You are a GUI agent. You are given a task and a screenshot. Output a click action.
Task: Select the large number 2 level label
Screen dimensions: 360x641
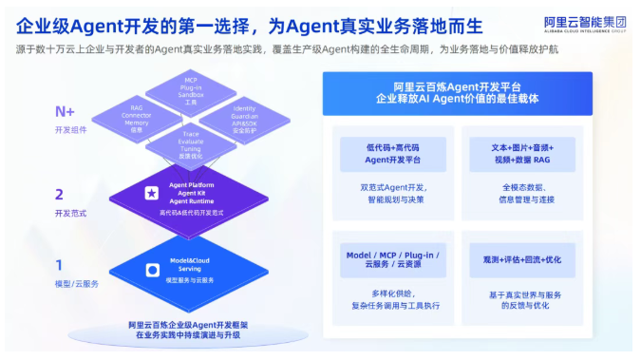pos(59,194)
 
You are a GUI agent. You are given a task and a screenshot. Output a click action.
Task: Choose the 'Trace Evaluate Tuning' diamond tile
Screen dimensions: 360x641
pos(191,142)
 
